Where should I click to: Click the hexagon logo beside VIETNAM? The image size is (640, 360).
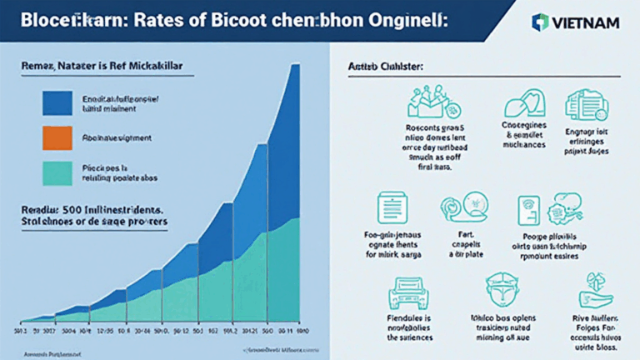[541, 22]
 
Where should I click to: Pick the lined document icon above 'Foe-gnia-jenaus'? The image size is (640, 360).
[391, 207]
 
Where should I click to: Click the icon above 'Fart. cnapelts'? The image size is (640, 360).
[464, 208]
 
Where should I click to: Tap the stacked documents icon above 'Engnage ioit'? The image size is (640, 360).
[583, 105]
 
